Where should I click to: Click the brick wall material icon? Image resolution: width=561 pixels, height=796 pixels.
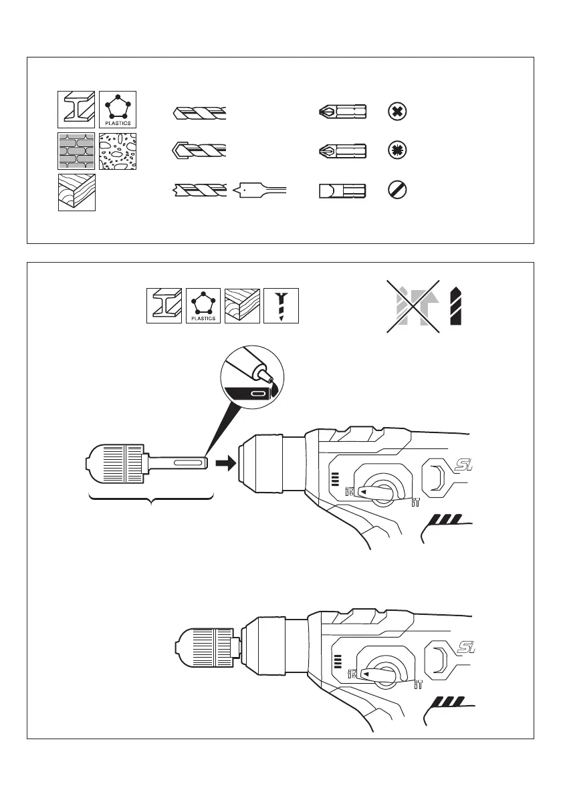(76, 151)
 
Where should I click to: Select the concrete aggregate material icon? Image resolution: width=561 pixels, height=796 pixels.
(118, 151)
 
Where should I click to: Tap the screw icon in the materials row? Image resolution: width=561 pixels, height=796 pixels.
(282, 306)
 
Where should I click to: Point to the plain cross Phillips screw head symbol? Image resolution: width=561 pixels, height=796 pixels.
(397, 112)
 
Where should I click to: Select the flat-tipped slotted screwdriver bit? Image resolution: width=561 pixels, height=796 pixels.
(342, 192)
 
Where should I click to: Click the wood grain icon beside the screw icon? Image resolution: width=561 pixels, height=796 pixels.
(243, 306)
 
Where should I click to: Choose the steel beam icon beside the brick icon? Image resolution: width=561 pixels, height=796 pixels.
(76, 109)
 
